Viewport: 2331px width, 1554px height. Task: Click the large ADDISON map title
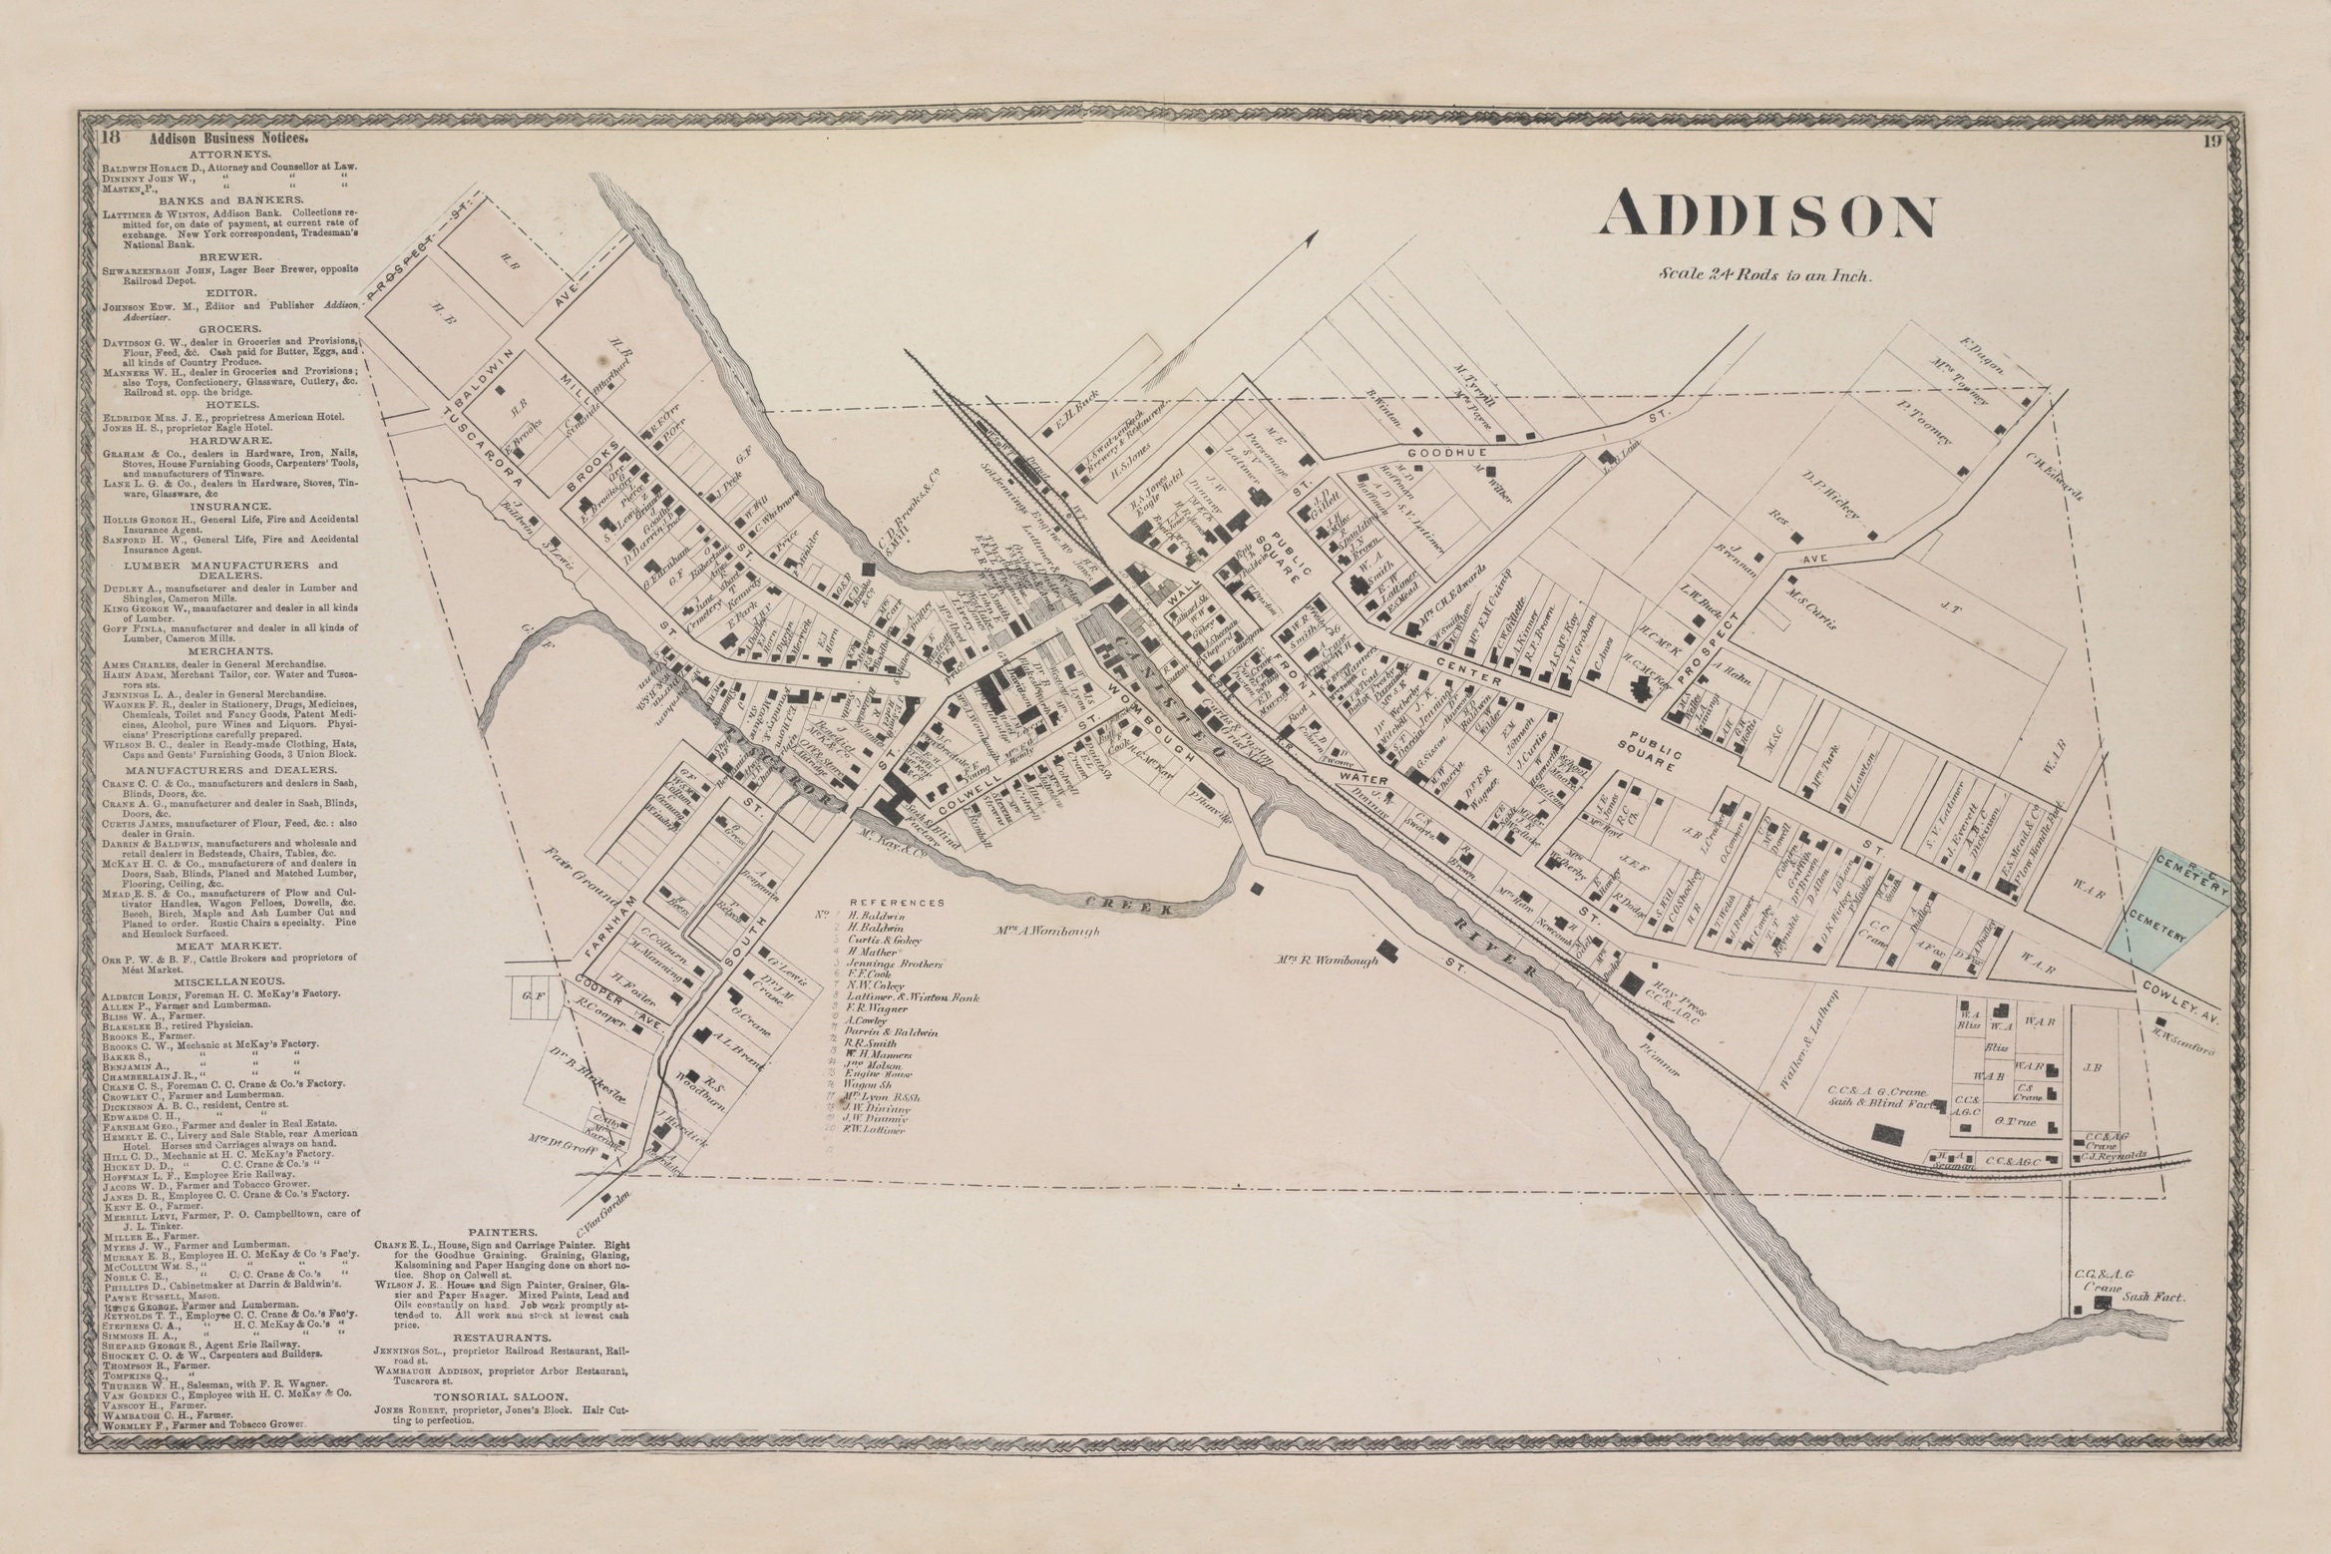click(x=1767, y=216)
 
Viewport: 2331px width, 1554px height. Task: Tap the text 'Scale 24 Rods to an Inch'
click(x=1765, y=274)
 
